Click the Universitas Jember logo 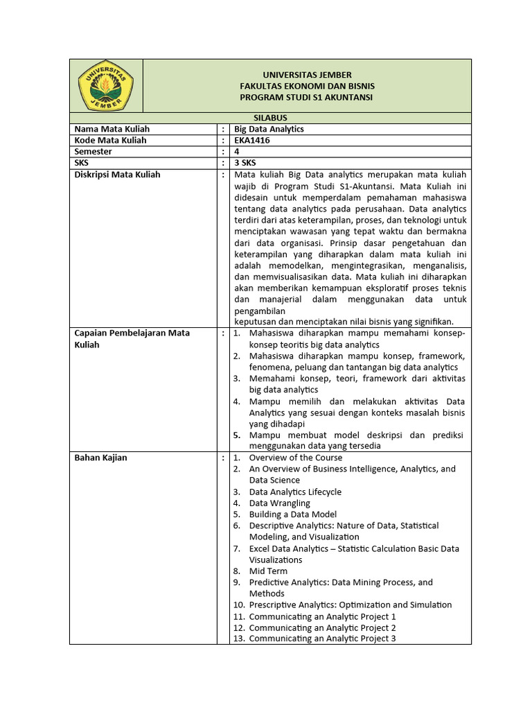pos(107,85)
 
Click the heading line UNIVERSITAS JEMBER pos(306,75)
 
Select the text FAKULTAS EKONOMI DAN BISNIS pos(306,86)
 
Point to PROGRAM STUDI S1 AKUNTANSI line pos(306,97)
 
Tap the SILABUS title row pos(270,118)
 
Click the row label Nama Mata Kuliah pos(112,129)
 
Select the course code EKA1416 pos(252,140)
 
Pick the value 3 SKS pos(245,163)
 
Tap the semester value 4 pos(237,151)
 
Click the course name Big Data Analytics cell pos(269,129)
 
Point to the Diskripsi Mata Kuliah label pos(117,174)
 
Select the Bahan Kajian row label pos(100,458)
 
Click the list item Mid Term pos(268,571)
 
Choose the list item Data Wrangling pos(279,503)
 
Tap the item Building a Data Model pos(292,514)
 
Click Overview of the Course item pos(295,458)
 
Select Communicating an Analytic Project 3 pos(322,639)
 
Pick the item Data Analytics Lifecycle pos(295,492)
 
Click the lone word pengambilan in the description pos(260,311)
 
